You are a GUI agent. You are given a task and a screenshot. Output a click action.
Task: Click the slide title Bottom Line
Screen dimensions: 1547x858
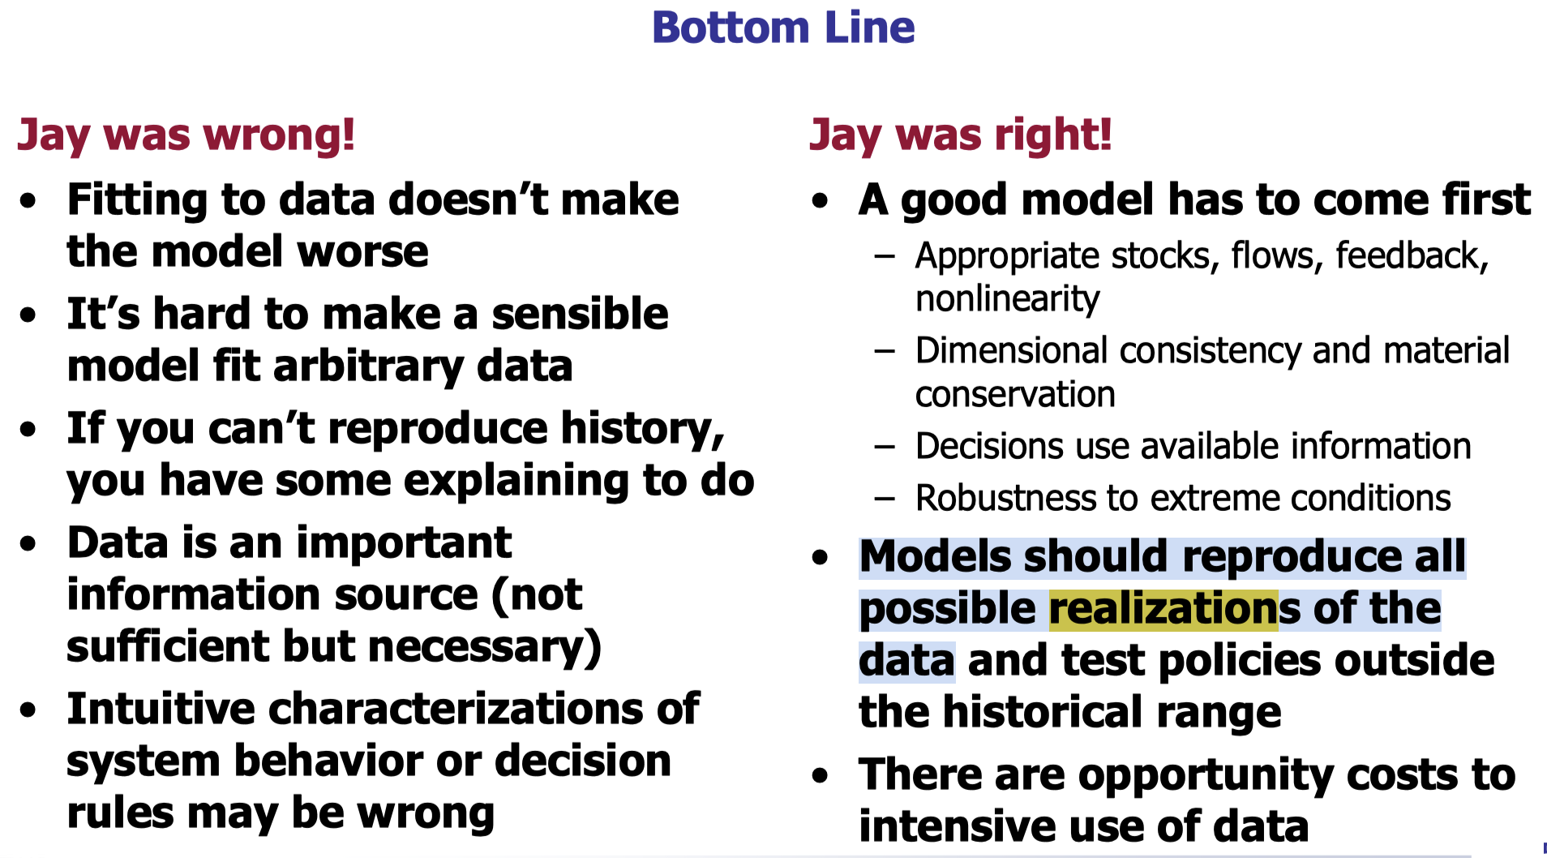pyautogui.click(x=783, y=28)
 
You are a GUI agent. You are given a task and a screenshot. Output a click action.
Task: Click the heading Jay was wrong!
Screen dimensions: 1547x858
pyautogui.click(x=186, y=135)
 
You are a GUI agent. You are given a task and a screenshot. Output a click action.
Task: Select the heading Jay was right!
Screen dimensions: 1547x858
pyautogui.click(x=961, y=135)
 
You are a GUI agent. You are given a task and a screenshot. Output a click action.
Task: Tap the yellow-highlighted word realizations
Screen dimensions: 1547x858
pyautogui.click(x=1163, y=610)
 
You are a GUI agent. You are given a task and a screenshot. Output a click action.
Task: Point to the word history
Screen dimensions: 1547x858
pyautogui.click(x=643, y=429)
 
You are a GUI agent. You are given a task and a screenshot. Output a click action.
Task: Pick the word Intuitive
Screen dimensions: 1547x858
pyautogui.click(x=161, y=709)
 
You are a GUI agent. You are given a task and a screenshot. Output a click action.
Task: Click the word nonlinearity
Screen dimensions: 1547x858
pyautogui.click(x=1007, y=300)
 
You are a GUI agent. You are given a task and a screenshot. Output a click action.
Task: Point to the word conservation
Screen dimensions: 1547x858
pyautogui.click(x=1015, y=395)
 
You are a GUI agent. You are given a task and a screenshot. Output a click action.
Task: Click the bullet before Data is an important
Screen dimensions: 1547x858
pyautogui.click(x=29, y=543)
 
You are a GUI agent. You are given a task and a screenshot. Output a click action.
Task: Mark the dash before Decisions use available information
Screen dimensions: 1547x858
pyautogui.click(x=885, y=448)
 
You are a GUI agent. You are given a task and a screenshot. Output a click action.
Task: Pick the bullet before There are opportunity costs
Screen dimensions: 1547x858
pyautogui.click(x=821, y=775)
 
